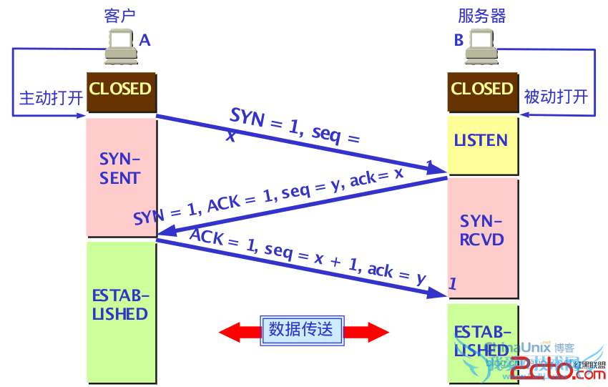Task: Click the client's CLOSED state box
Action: coord(121,91)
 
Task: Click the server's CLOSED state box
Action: coord(482,91)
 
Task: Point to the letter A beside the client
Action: coord(145,41)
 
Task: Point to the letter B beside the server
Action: coord(459,41)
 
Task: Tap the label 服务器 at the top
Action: coord(482,16)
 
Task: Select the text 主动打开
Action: coord(51,97)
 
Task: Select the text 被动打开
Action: coord(556,96)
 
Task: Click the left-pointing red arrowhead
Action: coord(230,331)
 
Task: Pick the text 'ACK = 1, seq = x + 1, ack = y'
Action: coord(307,255)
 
